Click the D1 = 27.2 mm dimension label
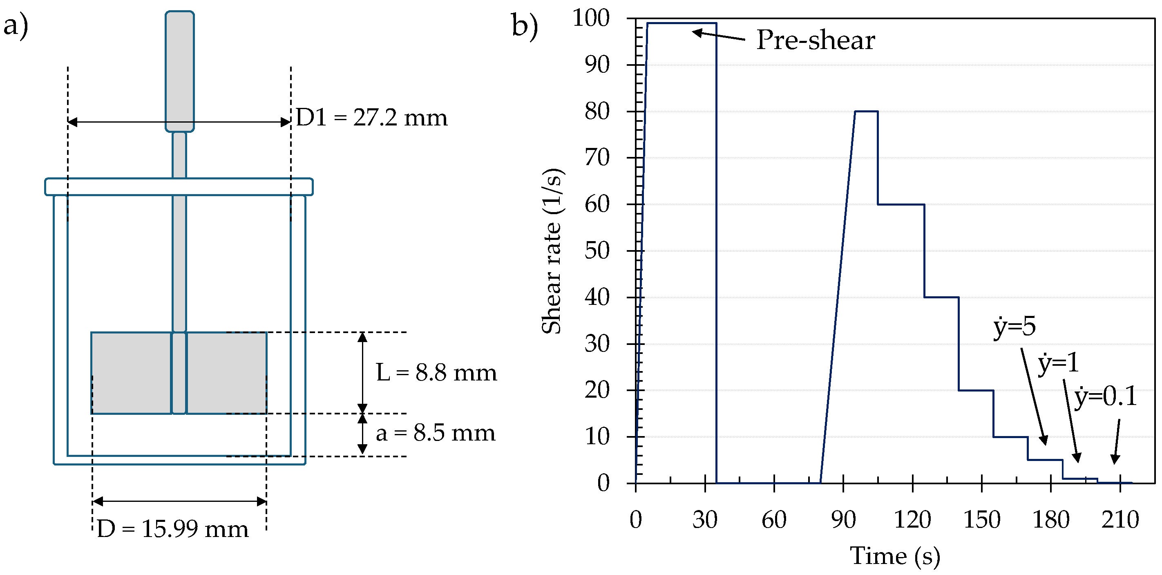(371, 118)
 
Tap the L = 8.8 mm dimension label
(436, 373)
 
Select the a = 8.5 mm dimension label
(435, 433)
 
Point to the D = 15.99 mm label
(172, 529)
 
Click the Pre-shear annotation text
(815, 40)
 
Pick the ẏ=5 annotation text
(1014, 327)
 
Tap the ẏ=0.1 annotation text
(1105, 397)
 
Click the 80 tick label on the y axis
(597, 111)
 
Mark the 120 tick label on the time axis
(912, 520)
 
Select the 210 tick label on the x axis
(1120, 520)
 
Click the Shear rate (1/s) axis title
(552, 251)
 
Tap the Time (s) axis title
(895, 556)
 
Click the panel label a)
(16, 25)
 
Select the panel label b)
(525, 26)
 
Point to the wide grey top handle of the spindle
(179, 71)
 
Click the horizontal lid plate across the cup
(179, 187)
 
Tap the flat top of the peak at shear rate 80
(866, 111)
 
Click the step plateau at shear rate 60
(901, 204)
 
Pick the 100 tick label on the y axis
(591, 18)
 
